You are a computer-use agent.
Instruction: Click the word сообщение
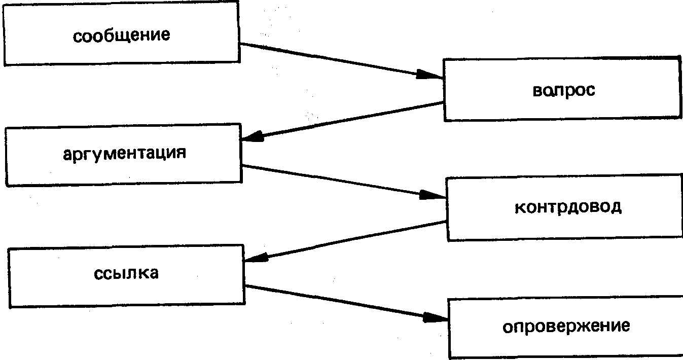[121, 37]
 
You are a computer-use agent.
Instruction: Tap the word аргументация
[124, 153]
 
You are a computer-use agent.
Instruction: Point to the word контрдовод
[568, 207]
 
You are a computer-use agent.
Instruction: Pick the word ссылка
[126, 273]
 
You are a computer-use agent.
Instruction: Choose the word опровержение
[566, 326]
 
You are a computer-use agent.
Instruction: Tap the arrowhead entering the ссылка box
[257, 258]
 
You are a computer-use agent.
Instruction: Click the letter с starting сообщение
[77, 37]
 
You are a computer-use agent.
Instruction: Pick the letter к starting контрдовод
[519, 208]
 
